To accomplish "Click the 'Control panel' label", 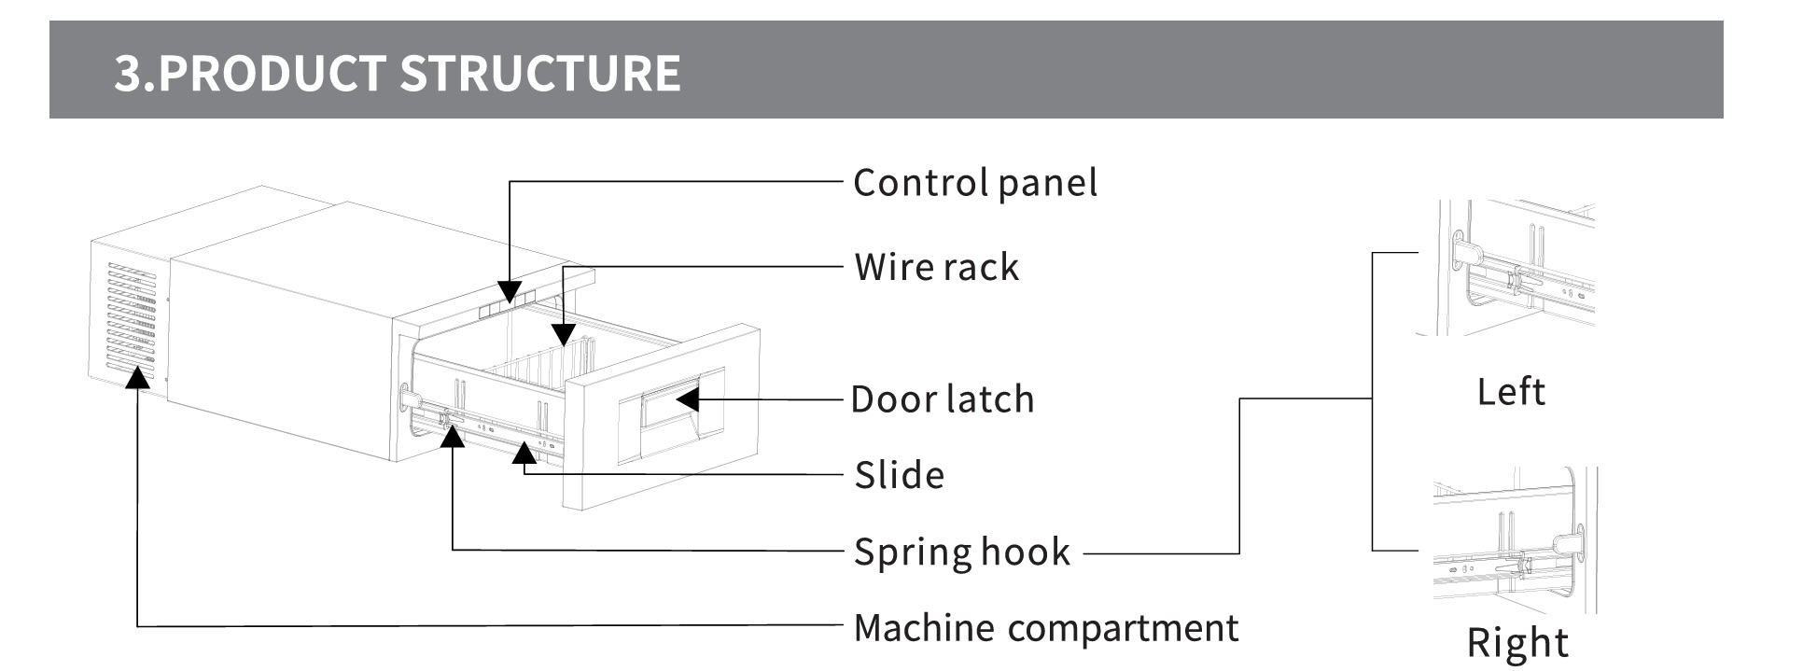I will pos(974,183).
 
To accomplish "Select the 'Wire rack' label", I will pos(936,268).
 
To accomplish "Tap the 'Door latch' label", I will pos(942,399).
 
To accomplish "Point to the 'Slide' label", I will pos(899,476).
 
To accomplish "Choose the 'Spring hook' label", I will pos(961,552).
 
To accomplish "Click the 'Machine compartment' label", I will pos(1045,628).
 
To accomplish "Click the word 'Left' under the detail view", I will pos(1510,391).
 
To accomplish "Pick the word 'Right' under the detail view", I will pos(1516,643).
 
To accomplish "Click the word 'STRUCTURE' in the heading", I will pos(540,74).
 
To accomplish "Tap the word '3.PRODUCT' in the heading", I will pos(250,74).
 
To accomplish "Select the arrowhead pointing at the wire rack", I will pos(563,335).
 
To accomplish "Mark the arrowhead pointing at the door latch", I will pos(688,399).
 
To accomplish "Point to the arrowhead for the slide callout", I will pos(524,453).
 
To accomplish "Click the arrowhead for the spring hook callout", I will pos(453,436).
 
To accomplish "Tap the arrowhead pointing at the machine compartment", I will pos(138,374).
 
